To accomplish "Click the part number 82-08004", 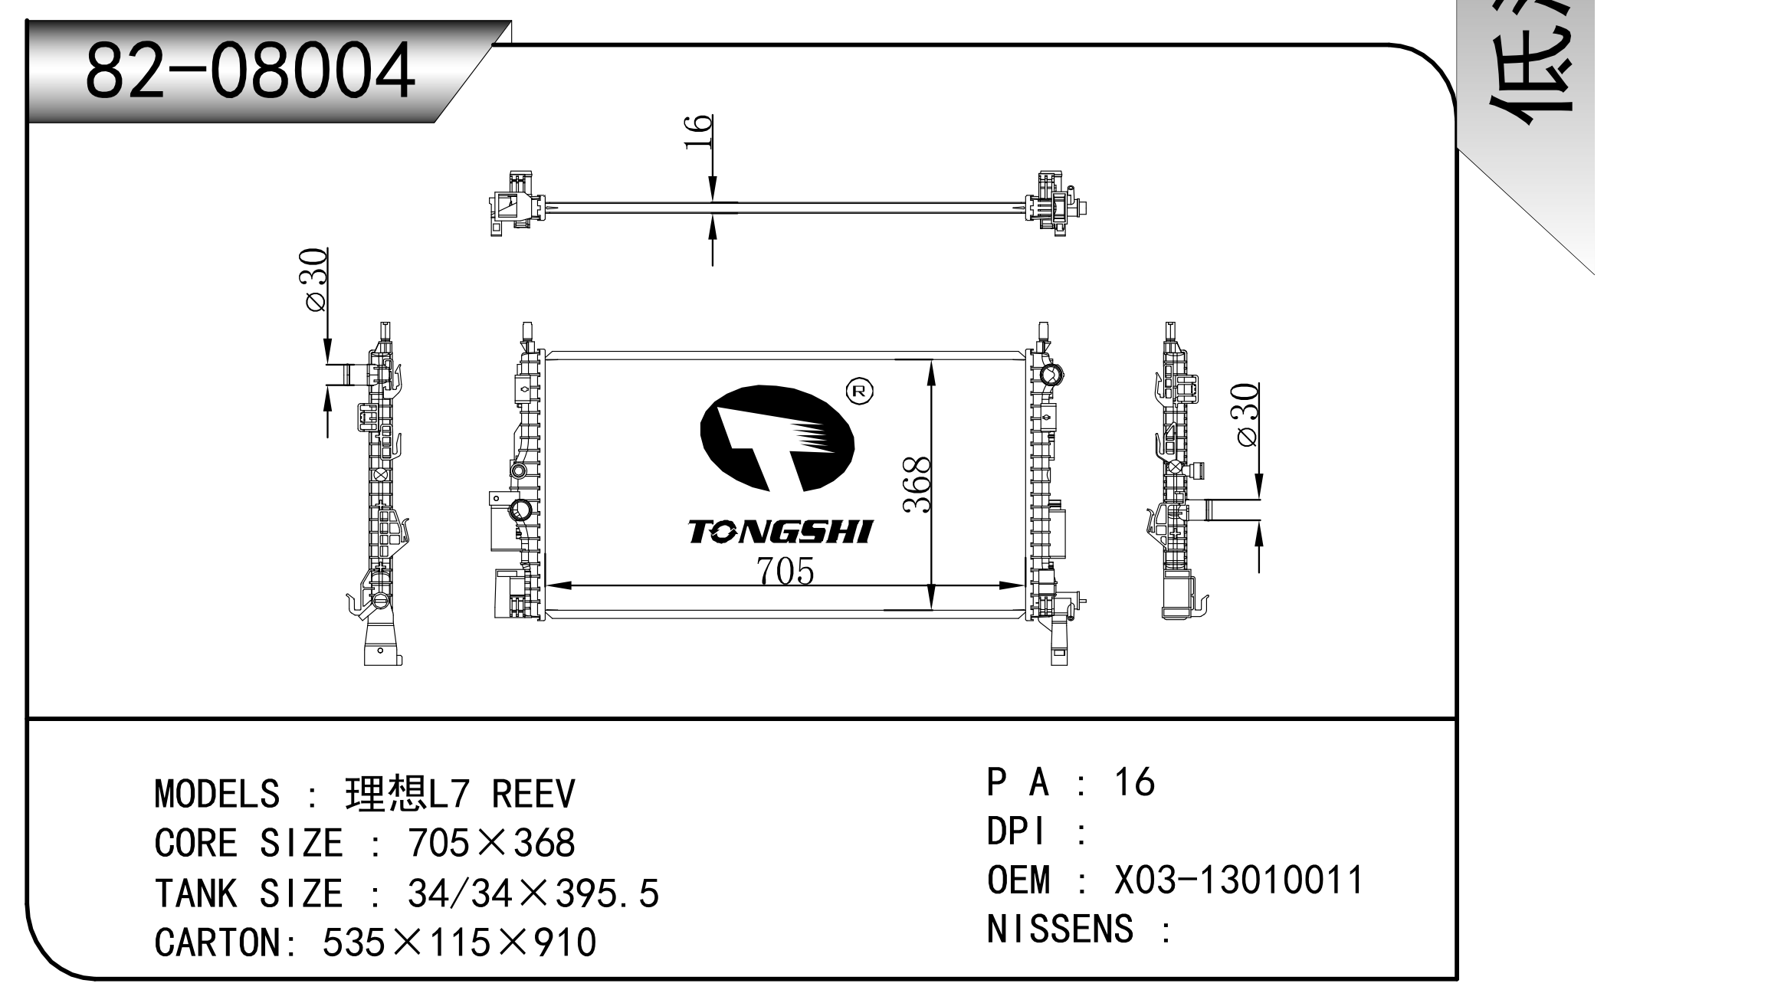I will (250, 71).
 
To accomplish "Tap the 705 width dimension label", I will (785, 571).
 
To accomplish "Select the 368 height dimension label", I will (917, 484).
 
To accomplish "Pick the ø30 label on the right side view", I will (1247, 414).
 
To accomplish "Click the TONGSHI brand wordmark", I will (780, 532).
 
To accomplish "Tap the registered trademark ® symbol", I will (859, 392).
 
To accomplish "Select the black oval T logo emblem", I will (776, 438).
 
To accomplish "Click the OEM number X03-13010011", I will (1238, 880).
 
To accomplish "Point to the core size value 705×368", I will (491, 844).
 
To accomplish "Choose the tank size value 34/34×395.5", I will (533, 893).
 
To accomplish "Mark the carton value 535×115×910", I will (459, 942).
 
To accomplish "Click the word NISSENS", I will (1060, 929).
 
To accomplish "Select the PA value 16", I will (1133, 782).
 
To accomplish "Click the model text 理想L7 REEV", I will (460, 794).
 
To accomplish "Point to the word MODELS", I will (217, 794).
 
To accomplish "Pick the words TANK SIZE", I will (248, 893).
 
